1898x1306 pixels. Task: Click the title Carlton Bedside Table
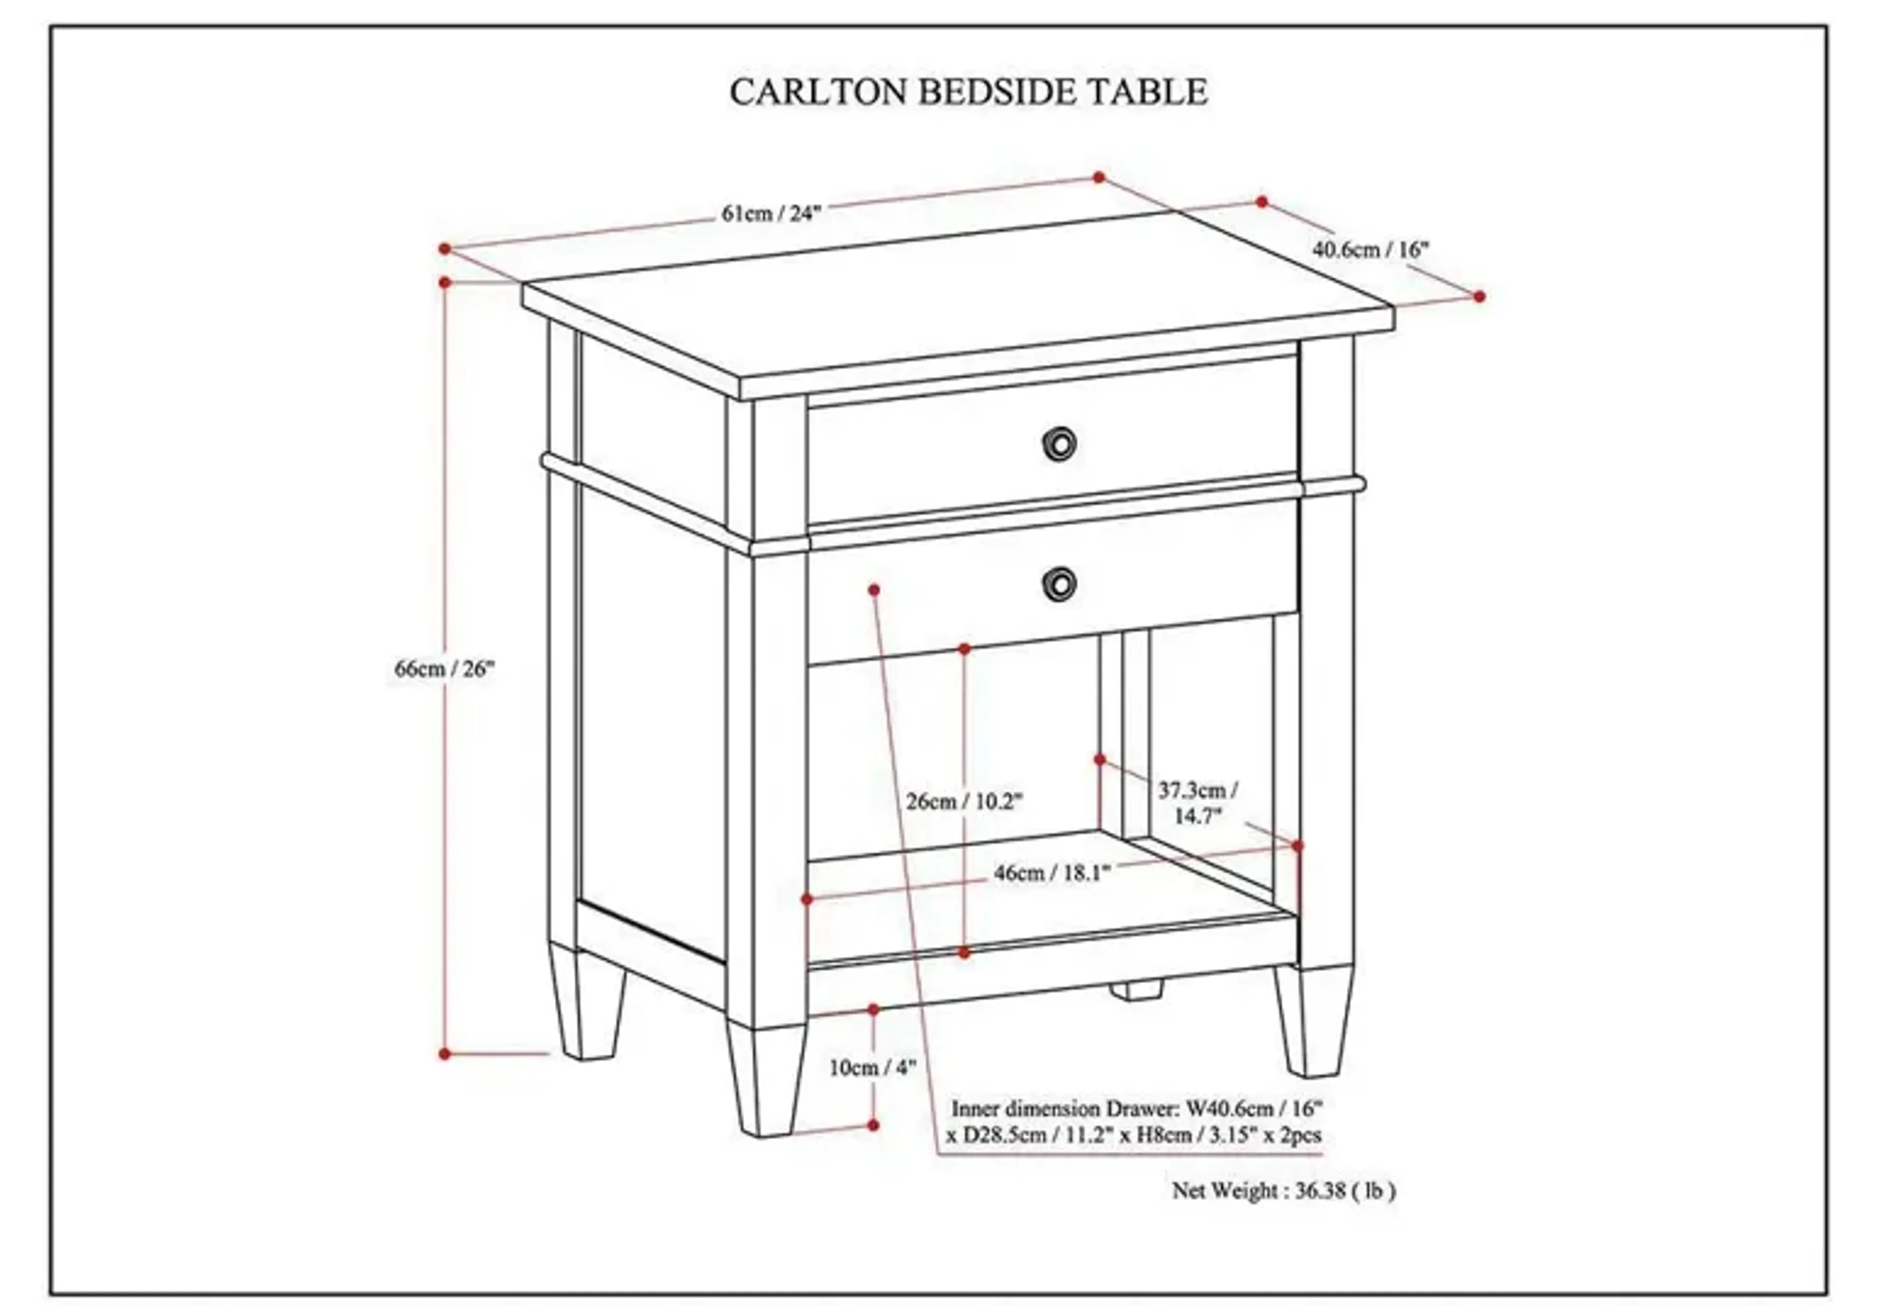point(968,91)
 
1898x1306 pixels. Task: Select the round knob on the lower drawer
point(1059,583)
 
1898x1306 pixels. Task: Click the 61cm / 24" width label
point(770,214)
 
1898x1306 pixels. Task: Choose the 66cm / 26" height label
point(445,668)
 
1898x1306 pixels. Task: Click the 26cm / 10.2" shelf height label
point(964,801)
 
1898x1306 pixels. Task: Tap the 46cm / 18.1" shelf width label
point(1052,873)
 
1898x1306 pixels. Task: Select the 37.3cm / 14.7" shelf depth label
point(1198,803)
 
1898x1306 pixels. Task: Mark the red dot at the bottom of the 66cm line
point(445,1054)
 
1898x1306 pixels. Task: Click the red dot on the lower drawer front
point(874,589)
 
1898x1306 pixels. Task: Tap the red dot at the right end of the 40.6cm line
point(1479,296)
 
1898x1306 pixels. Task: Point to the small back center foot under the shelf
point(1135,991)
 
